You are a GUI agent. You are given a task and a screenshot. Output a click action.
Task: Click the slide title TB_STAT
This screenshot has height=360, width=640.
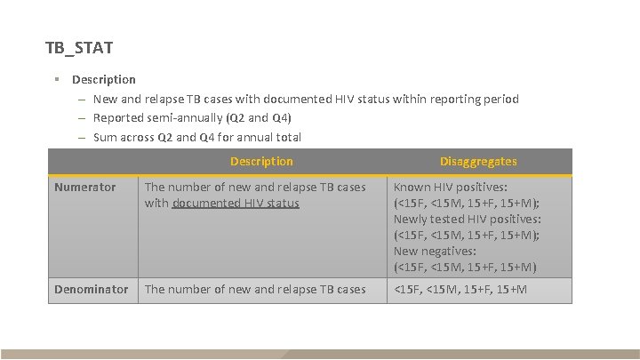pos(78,46)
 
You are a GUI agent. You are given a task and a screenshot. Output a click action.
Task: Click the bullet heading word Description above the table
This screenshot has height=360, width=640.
pos(104,80)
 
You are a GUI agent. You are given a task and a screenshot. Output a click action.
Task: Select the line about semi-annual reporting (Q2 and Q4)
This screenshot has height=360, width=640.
pos(192,117)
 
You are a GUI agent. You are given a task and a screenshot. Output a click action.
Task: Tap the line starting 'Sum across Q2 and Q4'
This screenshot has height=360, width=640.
pos(196,137)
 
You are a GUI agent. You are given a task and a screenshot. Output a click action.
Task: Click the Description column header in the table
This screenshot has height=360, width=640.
pos(260,162)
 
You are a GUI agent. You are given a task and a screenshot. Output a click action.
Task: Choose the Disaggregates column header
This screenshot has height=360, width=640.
pos(478,162)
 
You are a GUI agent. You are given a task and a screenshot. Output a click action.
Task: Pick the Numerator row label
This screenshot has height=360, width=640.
pos(84,188)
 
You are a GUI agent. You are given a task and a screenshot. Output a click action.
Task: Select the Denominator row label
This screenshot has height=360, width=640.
pos(92,290)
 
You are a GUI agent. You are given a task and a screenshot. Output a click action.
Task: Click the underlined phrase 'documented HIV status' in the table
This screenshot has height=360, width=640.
pos(236,204)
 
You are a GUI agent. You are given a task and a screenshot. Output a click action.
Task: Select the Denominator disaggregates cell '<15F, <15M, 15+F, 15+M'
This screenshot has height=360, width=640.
pos(460,290)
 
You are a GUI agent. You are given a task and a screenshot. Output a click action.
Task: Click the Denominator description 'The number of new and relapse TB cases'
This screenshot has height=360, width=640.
pos(255,290)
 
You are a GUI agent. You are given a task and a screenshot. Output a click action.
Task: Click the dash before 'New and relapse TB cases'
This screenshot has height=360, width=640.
pos(81,100)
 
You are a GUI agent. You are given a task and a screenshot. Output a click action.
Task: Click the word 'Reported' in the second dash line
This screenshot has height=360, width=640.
pos(119,117)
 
